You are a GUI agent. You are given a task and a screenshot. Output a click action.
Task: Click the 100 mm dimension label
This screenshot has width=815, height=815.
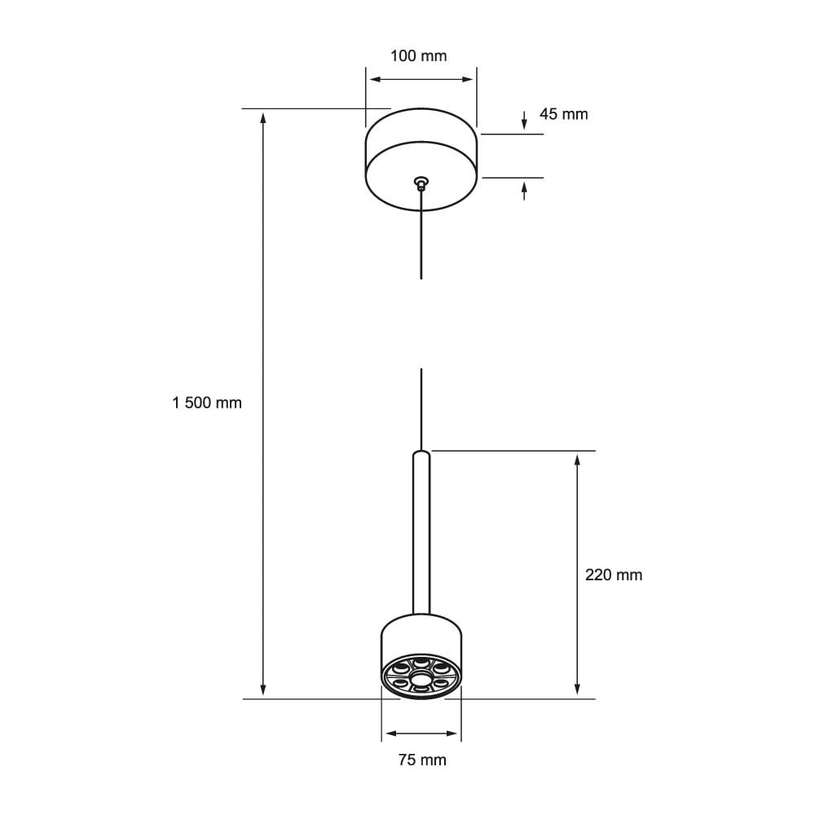coord(419,56)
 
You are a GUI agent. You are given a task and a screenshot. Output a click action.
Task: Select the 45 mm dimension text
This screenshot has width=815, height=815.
coord(563,114)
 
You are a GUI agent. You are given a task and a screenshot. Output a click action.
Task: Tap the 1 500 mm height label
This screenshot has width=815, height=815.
coord(207,403)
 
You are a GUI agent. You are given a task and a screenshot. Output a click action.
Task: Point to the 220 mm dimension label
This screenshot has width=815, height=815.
coord(614,575)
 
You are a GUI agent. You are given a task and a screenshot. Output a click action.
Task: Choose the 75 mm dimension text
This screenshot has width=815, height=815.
coord(422,760)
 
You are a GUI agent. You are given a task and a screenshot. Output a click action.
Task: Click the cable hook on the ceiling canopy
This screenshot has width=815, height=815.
coord(421,182)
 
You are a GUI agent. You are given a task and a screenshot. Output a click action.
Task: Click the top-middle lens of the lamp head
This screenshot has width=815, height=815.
coord(421,662)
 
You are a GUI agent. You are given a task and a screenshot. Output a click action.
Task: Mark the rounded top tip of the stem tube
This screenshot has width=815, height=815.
coord(421,452)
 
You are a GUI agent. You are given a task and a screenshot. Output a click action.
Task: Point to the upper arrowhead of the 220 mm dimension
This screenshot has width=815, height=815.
coord(578,460)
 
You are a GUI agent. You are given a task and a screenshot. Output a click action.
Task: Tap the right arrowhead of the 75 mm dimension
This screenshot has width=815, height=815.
coord(455,733)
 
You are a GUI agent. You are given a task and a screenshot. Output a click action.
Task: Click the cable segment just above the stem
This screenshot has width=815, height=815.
coord(421,407)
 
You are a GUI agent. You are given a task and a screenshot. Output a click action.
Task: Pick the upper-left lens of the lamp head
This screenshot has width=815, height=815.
coord(401,668)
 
